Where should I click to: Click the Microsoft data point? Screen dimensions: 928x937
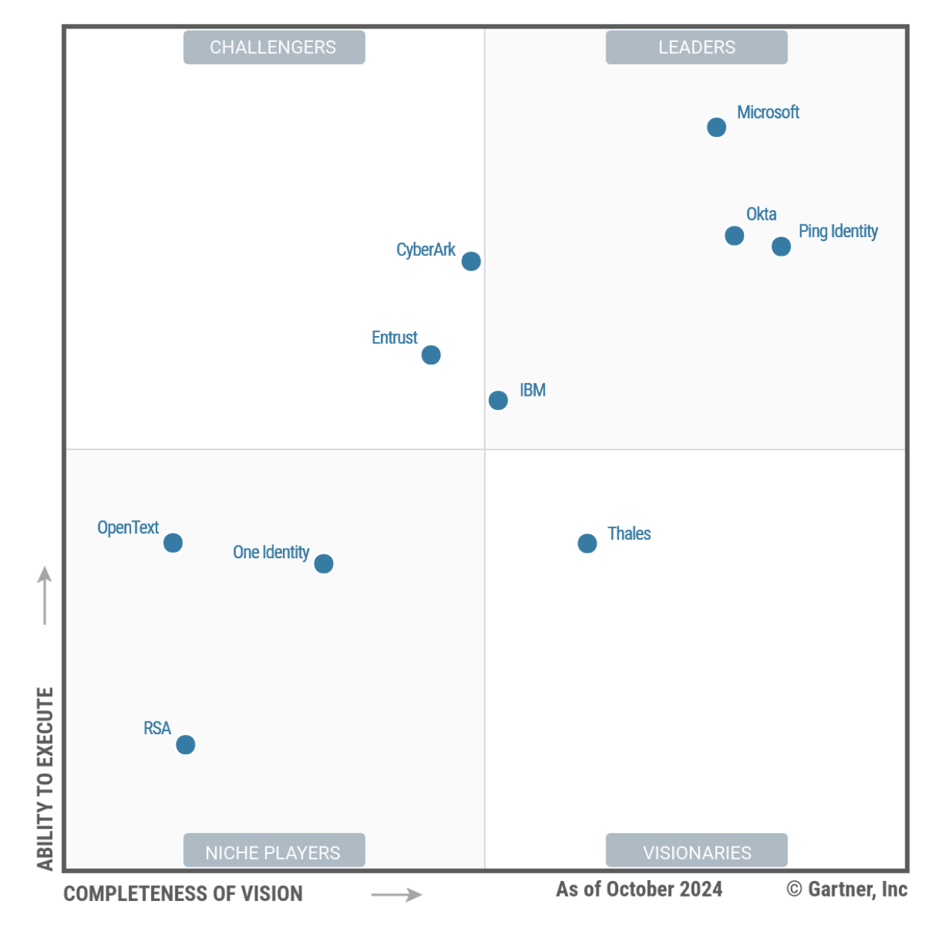coord(716,127)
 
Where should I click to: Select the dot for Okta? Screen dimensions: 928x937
coord(734,236)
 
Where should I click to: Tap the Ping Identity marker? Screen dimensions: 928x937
coord(781,246)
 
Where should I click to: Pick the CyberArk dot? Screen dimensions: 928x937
coord(471,261)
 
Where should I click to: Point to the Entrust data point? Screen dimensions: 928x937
coord(431,355)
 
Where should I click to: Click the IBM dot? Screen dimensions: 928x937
coord(498,400)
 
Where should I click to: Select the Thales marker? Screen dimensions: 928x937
coord(587,543)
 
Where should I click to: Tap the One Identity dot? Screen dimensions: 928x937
coord(323,564)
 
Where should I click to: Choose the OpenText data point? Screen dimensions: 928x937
coord(173,543)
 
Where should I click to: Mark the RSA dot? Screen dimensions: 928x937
coord(186,745)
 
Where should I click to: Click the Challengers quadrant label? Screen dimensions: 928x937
coord(274,47)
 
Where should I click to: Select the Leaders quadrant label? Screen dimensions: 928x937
coord(697,47)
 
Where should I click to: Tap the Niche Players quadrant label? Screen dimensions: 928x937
coord(274,852)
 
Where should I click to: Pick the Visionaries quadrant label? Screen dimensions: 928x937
coord(697,852)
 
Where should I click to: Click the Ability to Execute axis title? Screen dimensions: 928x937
coord(46,778)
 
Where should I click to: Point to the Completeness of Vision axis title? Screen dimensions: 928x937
coord(183,894)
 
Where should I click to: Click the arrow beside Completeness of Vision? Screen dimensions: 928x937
coord(397,894)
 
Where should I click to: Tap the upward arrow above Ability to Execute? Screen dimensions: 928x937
coord(45,595)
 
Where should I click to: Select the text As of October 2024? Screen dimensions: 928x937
coord(639,889)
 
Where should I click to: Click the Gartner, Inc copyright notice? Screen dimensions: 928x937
coord(847,889)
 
